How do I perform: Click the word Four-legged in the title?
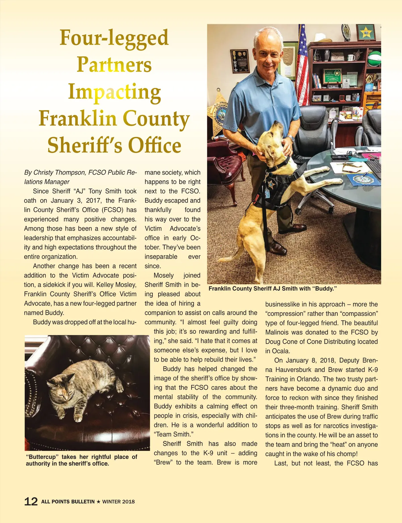tap(114, 38)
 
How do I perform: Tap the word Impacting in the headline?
tap(115, 92)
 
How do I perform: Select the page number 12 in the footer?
tap(31, 502)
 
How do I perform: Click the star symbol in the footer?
tap(98, 502)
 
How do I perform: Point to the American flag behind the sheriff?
tap(303, 64)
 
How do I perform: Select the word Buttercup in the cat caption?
tap(43, 457)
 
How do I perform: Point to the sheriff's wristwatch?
tap(290, 139)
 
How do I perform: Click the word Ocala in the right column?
tap(281, 351)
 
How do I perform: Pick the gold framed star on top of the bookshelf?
tap(366, 32)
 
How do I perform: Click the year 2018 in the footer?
tap(128, 502)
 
